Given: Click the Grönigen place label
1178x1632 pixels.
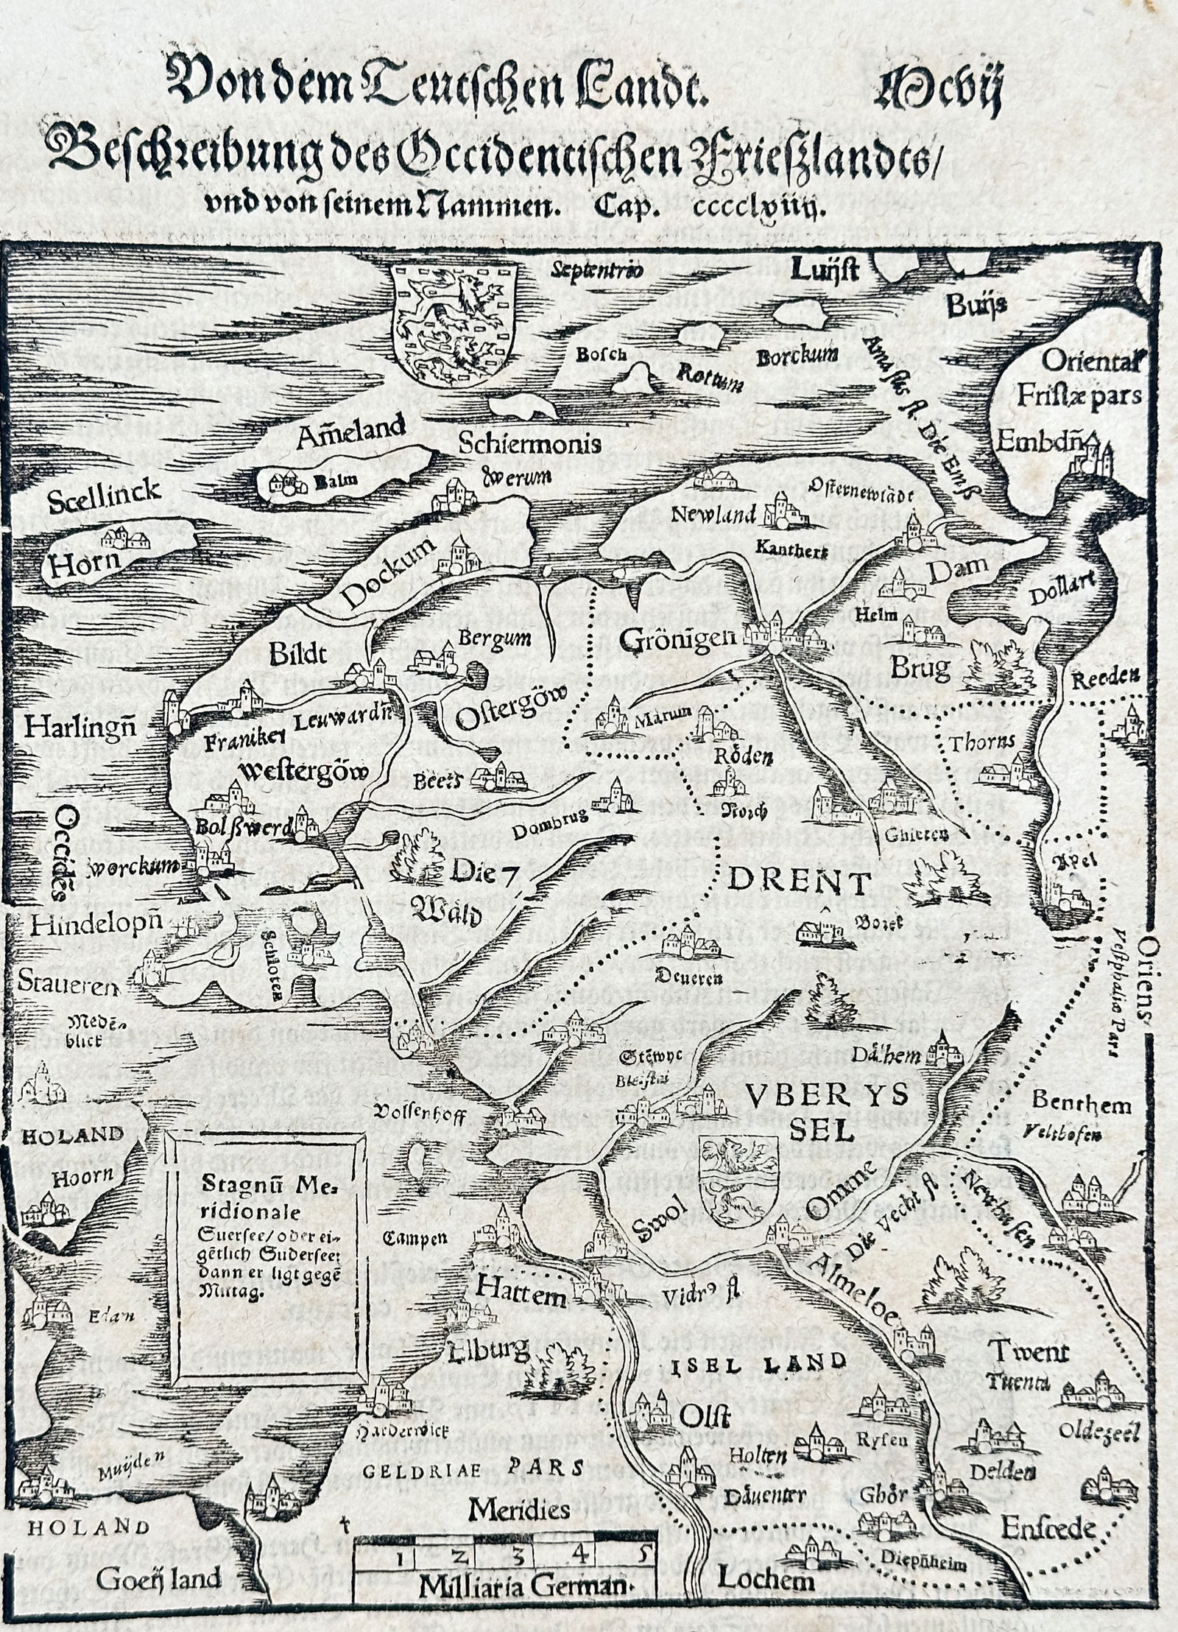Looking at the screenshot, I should (677, 639).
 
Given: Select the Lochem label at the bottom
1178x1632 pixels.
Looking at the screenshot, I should (766, 1578).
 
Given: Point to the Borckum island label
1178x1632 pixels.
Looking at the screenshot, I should (797, 357).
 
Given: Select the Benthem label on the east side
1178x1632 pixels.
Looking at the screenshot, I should (1080, 1103).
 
